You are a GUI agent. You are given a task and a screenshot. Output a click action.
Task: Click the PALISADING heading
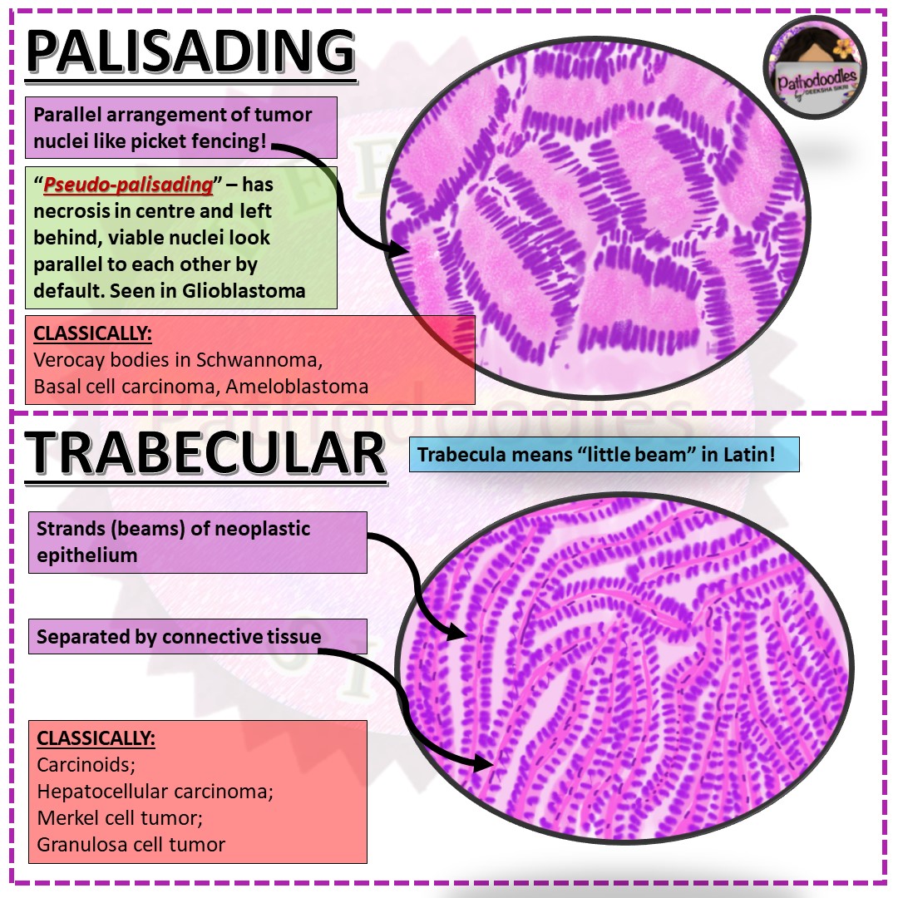[x=190, y=52]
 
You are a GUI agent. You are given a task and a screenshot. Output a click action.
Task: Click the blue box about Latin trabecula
[x=604, y=455]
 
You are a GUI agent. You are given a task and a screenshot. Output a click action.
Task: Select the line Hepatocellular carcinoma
[x=155, y=792]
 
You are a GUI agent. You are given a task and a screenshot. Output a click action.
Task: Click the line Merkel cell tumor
[x=120, y=818]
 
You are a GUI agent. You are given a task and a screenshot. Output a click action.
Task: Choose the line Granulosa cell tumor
[x=131, y=845]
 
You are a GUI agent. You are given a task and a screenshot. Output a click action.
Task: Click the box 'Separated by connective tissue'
[x=179, y=637]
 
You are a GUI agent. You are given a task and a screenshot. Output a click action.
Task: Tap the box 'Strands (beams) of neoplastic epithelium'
[x=200, y=541]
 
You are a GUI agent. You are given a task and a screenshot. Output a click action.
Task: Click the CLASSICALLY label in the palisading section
[x=93, y=333]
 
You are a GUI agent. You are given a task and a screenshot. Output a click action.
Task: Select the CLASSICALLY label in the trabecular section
[x=96, y=738]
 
